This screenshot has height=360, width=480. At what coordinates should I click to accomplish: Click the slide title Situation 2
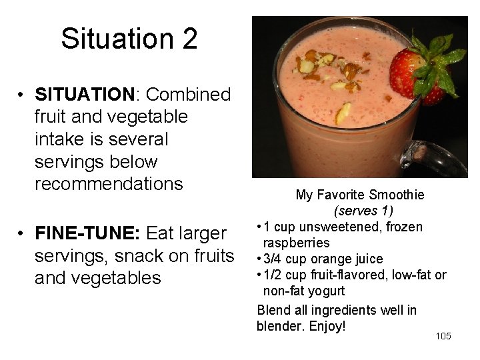129,39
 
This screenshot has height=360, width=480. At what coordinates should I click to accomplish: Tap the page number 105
443,336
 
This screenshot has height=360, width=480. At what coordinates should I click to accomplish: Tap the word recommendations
108,184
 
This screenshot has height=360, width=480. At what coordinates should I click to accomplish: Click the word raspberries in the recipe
296,243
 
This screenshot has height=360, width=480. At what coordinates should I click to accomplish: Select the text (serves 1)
363,211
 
